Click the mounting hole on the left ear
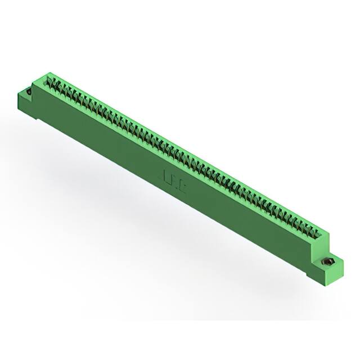tap(28, 89)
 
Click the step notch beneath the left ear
tap(37, 117)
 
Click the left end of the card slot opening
tap(48, 81)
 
